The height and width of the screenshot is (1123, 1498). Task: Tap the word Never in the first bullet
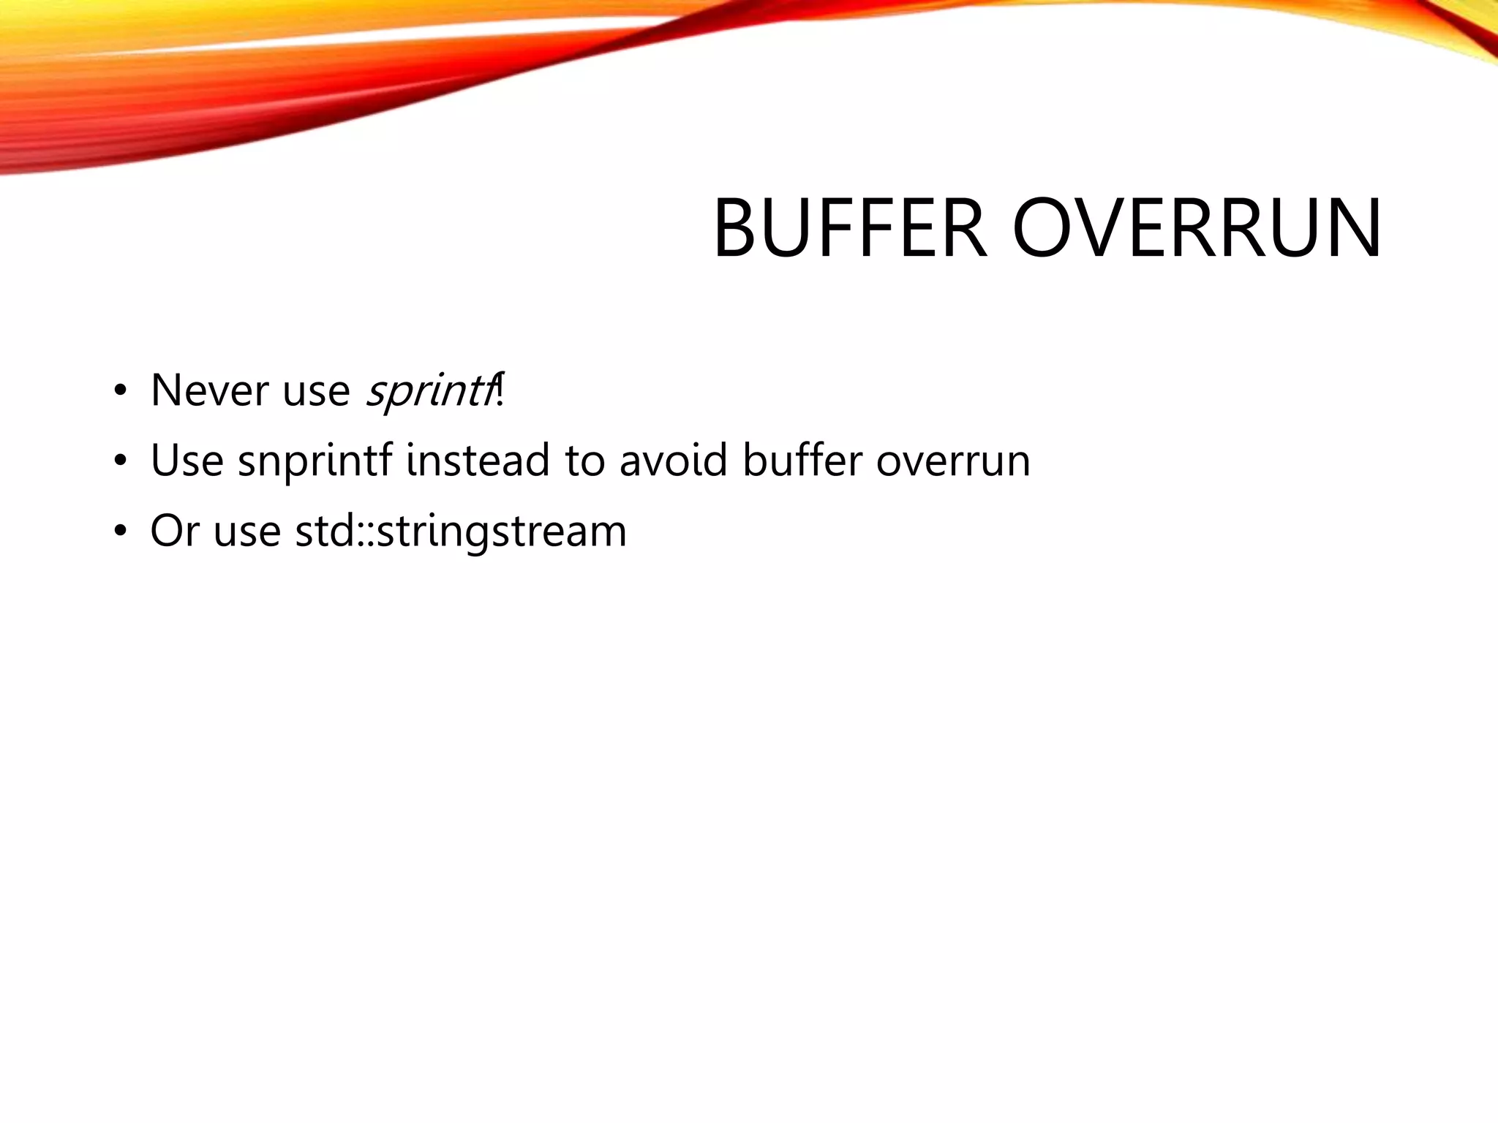[x=209, y=390]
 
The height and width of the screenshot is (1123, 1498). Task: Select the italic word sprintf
[x=429, y=392]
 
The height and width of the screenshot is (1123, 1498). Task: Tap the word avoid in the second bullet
[x=673, y=461]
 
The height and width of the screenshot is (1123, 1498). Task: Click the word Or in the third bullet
[x=174, y=531]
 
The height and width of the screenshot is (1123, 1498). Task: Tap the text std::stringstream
[x=461, y=532]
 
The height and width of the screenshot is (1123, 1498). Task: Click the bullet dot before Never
[x=120, y=390]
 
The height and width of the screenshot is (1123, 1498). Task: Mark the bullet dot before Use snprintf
[x=120, y=461]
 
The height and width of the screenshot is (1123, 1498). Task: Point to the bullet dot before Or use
[x=120, y=532]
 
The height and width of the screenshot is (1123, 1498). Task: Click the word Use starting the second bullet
[x=187, y=461]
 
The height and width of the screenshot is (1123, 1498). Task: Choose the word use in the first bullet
[x=316, y=392]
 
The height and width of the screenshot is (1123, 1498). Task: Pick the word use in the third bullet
[x=247, y=532]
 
